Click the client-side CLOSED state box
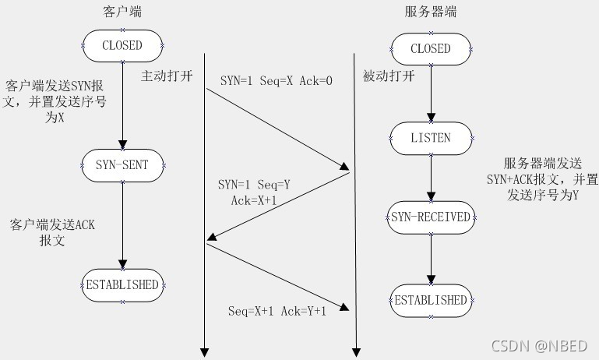122,45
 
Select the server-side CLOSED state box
431,48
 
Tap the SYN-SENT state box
122,164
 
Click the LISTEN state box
431,138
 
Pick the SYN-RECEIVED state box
431,217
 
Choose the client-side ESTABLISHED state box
122,284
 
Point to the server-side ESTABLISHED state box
431,300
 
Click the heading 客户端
122,12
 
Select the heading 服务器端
431,12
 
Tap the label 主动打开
165,76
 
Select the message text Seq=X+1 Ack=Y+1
277,310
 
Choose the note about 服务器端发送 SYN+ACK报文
550,180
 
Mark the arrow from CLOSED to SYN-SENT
122,104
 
